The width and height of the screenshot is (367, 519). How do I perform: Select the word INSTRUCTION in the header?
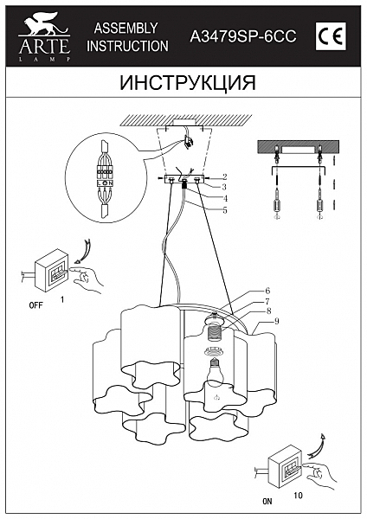(128, 46)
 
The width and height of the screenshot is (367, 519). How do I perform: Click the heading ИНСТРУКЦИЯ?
(183, 83)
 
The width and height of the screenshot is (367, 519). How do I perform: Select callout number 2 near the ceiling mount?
(224, 176)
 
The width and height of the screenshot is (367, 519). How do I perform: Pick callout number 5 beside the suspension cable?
(224, 209)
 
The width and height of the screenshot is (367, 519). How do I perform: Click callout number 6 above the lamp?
(268, 291)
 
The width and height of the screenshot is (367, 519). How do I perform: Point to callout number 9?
(276, 322)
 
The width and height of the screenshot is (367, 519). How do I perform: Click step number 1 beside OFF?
(62, 298)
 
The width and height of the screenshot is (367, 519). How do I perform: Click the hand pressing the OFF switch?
(86, 278)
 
